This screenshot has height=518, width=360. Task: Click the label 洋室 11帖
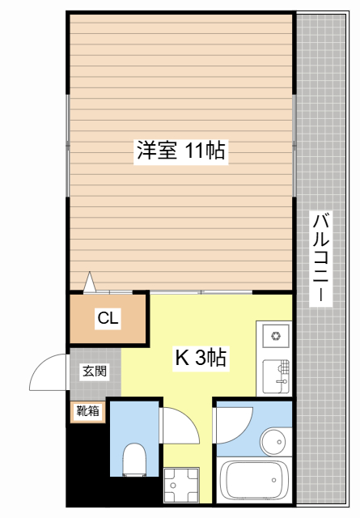(180, 151)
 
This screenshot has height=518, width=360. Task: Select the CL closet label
(108, 318)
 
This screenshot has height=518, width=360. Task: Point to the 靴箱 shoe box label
(88, 411)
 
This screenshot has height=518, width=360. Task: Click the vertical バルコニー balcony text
(321, 257)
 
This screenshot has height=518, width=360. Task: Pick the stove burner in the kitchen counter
(275, 334)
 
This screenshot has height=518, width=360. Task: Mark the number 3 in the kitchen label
(199, 357)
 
